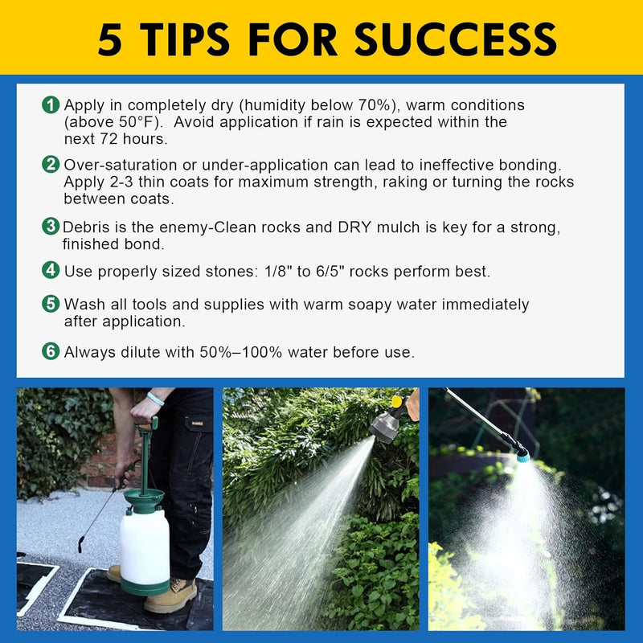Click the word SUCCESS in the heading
[x=455, y=39]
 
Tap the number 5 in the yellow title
[x=110, y=39]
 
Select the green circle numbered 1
[x=51, y=105]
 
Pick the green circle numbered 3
[x=51, y=227]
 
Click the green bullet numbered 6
[x=51, y=351]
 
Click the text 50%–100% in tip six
[x=240, y=352]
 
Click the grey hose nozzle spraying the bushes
[x=384, y=426]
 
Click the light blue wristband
[x=155, y=398]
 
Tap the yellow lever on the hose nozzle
[x=397, y=401]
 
